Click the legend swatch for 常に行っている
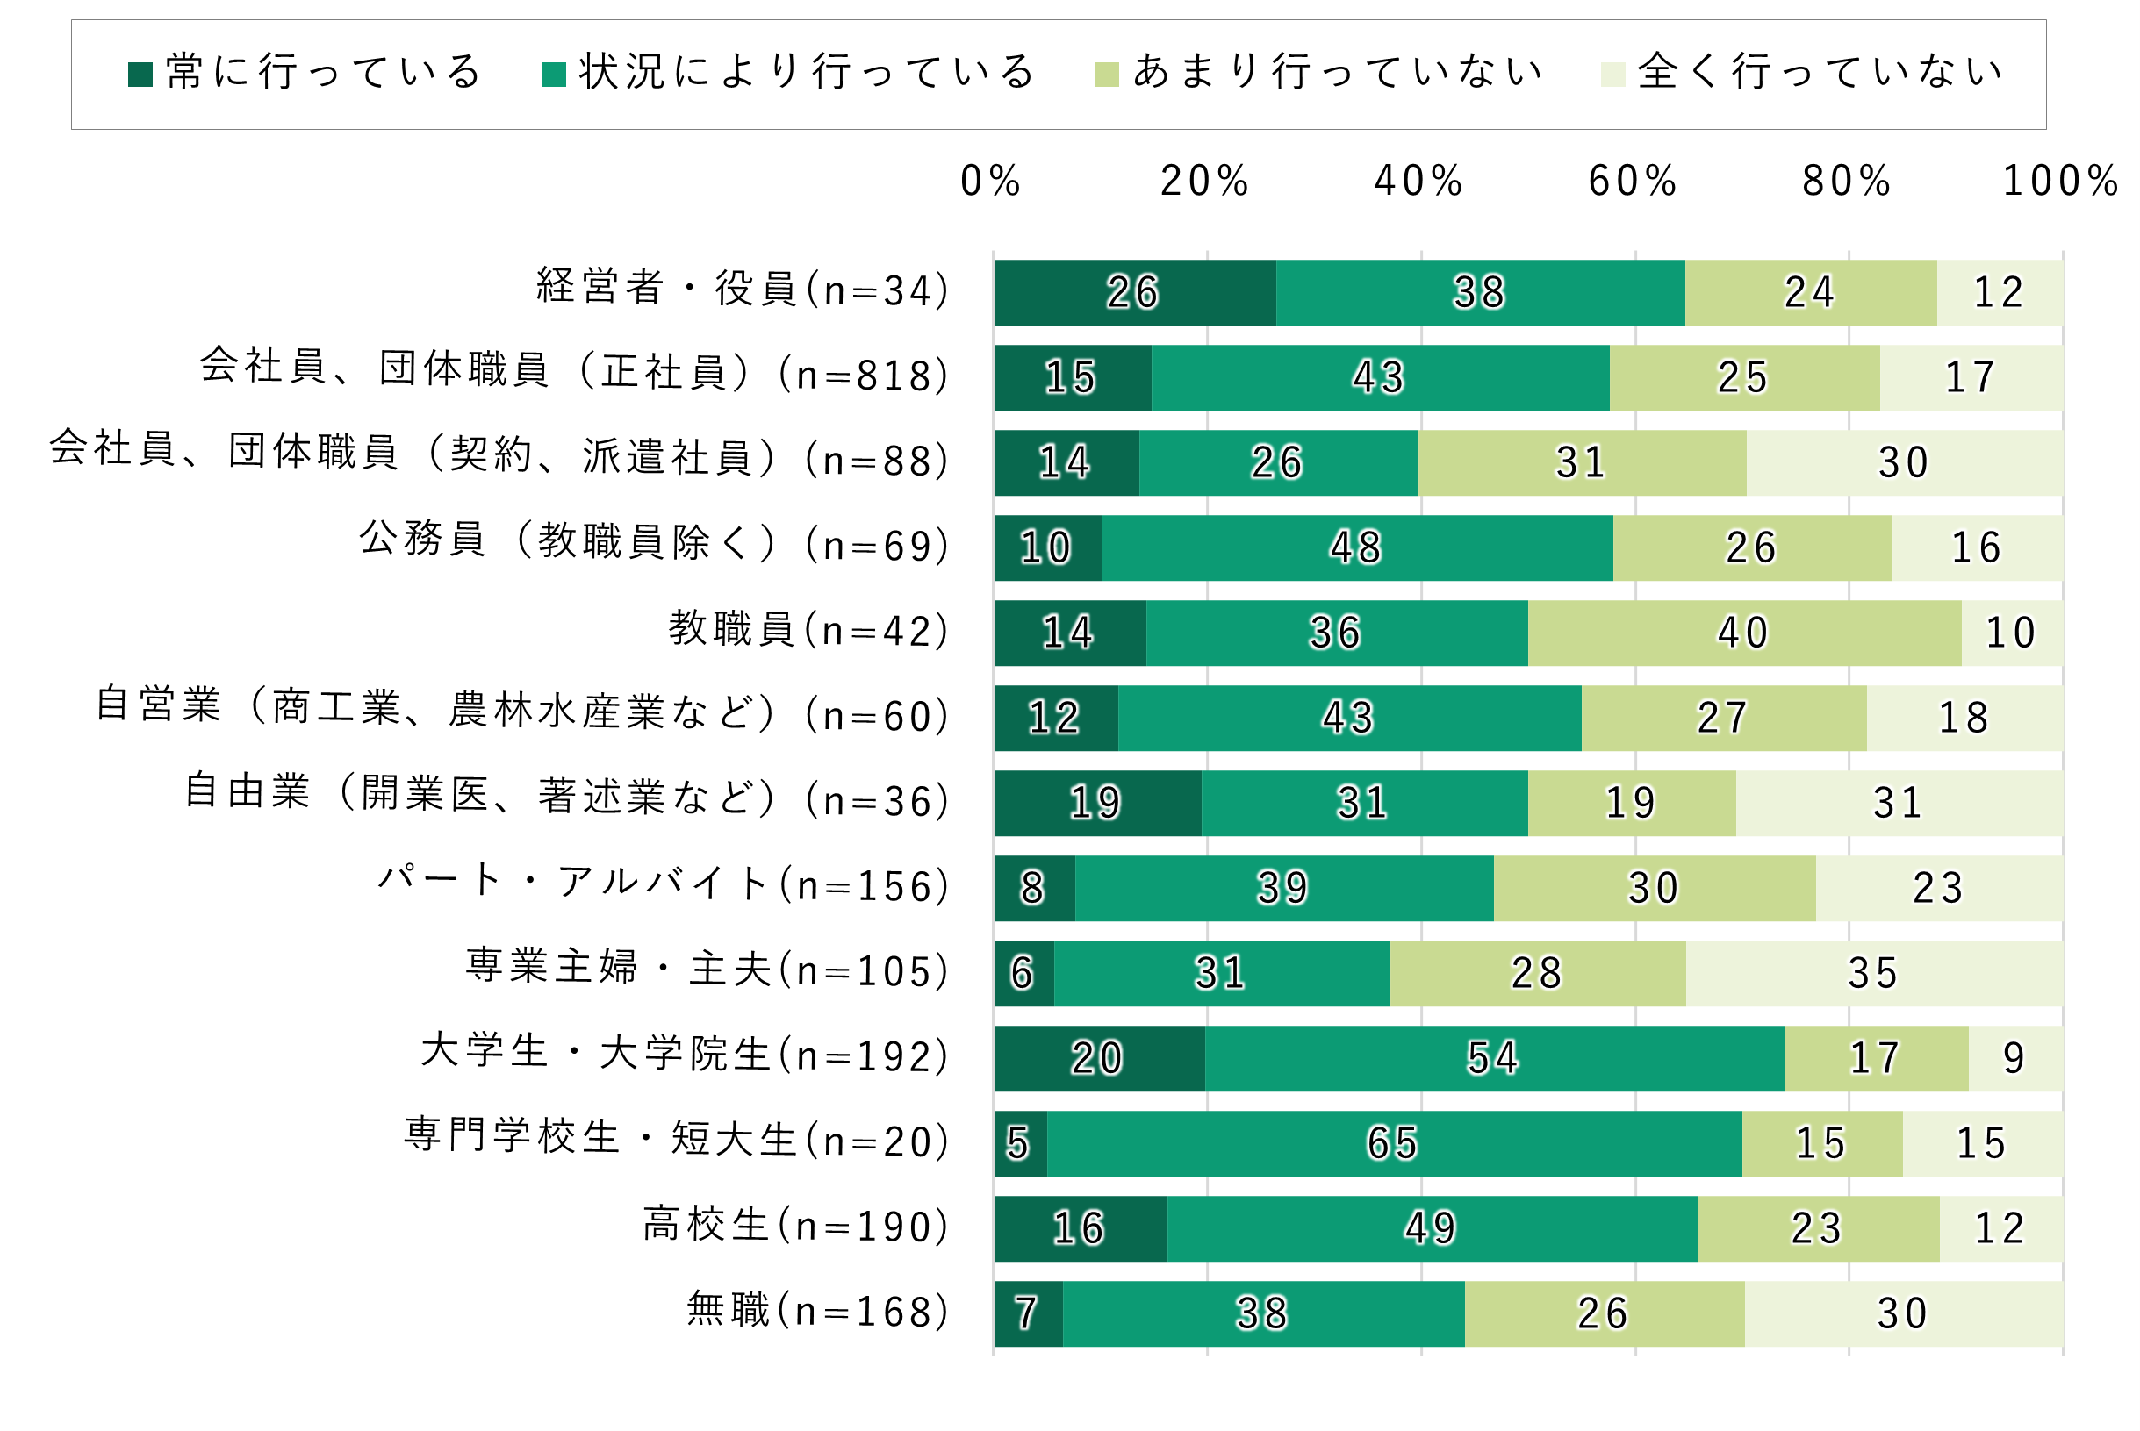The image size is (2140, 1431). tap(140, 74)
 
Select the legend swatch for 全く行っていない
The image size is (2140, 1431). tap(1612, 74)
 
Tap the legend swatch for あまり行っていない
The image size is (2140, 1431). tap(1106, 74)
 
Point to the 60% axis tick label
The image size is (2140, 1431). tap(1633, 181)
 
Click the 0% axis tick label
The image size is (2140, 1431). tap(991, 181)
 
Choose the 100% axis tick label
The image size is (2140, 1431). tap(2059, 181)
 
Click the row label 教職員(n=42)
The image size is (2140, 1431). tap(809, 631)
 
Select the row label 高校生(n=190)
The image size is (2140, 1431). tap(796, 1226)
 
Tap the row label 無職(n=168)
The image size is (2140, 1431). tap(818, 1312)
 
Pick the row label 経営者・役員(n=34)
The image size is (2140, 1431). tap(743, 290)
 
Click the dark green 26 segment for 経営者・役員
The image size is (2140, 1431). tap(1135, 293)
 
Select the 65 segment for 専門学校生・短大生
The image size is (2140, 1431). tap(1393, 1143)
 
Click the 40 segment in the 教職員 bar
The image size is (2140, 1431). tap(1744, 633)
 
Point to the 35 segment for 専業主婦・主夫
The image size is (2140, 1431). tap(1873, 974)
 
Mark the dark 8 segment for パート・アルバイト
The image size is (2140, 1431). tap(1033, 888)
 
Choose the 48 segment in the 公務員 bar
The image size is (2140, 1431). tap(1357, 547)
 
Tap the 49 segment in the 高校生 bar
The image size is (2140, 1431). tap(1432, 1229)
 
